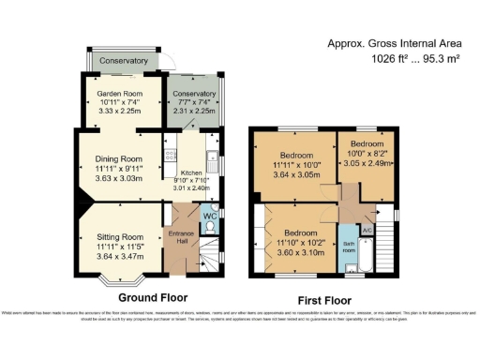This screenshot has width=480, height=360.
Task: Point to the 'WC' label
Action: click(x=209, y=216)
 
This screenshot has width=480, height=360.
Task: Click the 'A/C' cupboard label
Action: click(x=367, y=230)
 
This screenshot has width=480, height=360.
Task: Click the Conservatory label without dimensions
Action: click(x=125, y=61)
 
